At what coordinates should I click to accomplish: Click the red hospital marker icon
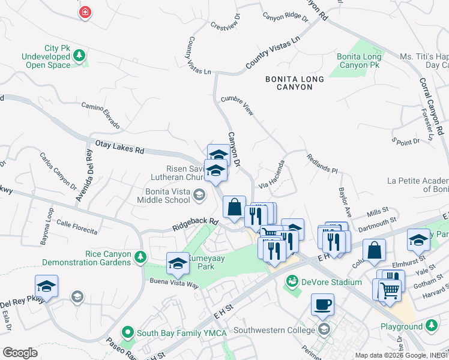[x=86, y=12]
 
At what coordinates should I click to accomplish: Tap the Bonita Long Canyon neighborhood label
[x=295, y=83]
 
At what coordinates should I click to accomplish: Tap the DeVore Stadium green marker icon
[x=292, y=281]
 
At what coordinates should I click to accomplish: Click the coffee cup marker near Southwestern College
[x=322, y=304]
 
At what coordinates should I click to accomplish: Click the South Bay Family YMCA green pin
[x=127, y=331]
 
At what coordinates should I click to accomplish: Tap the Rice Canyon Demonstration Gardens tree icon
[x=140, y=257]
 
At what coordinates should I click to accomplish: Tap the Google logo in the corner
[x=20, y=352]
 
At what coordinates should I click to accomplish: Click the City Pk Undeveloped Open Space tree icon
[x=79, y=56]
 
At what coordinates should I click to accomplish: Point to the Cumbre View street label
[x=237, y=106]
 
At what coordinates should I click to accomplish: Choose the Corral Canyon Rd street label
[x=432, y=106]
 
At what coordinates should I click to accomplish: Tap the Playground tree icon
[x=431, y=326]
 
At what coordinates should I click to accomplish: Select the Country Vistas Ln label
[x=272, y=53]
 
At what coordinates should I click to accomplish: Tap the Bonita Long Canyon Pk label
[x=358, y=60]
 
